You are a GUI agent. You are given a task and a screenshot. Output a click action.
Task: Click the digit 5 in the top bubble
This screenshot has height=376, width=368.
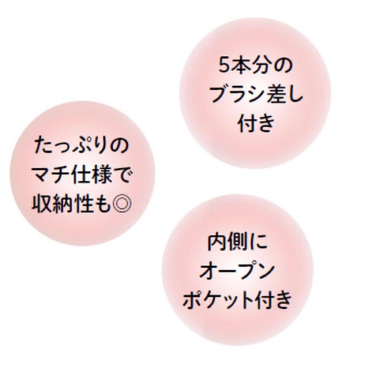(x=225, y=66)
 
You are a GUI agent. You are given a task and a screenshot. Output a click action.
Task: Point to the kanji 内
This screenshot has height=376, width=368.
(x=218, y=242)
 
